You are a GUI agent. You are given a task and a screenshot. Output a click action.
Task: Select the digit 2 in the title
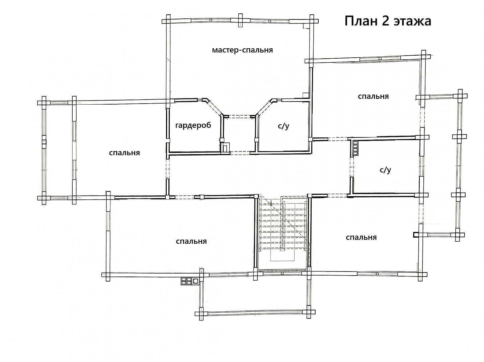(386, 21)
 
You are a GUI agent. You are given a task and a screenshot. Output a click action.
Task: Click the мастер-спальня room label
(242, 50)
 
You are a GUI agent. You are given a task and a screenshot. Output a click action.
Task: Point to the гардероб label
(193, 125)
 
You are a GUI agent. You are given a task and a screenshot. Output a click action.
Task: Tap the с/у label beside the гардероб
(284, 126)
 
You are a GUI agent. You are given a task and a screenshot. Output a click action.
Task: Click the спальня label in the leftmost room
(125, 153)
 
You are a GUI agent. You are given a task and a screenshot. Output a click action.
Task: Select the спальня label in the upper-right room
(373, 97)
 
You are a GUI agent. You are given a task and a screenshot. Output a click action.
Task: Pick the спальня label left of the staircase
(191, 241)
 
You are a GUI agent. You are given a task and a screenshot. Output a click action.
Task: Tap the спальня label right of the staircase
(361, 237)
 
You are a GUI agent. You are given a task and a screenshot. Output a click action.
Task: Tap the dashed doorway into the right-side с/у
(352, 167)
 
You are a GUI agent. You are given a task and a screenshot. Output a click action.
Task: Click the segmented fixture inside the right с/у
(355, 148)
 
